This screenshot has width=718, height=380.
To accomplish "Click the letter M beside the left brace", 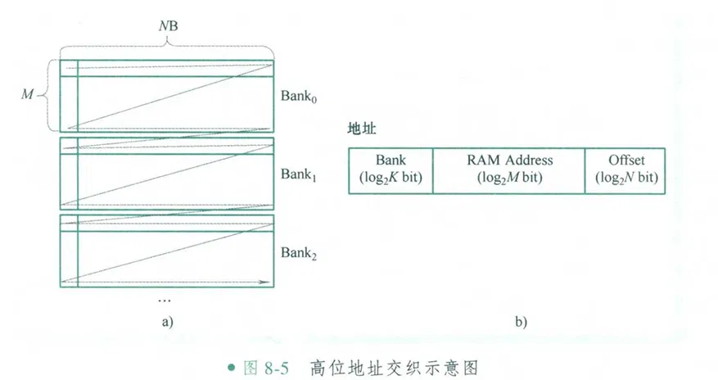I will click(x=26, y=95).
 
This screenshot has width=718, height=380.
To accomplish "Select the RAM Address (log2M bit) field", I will click(x=509, y=170).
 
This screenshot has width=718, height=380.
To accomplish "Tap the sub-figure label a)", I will click(x=167, y=322).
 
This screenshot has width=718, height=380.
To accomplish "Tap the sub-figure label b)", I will click(x=521, y=322).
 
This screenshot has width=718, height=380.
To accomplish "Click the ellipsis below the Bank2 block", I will click(x=166, y=301).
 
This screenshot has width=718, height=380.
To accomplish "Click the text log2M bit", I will click(x=508, y=178).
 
